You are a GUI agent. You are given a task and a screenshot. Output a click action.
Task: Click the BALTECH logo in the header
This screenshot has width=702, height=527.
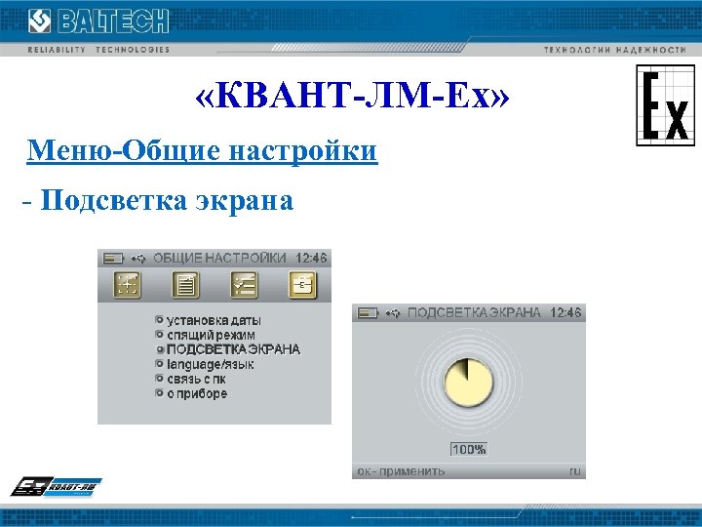click(97, 21)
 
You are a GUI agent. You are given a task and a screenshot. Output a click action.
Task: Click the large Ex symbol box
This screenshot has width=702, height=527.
click(665, 105)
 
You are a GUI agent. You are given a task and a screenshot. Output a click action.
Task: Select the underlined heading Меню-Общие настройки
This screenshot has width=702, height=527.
click(203, 151)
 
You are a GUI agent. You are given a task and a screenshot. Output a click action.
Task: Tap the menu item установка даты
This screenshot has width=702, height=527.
click(214, 319)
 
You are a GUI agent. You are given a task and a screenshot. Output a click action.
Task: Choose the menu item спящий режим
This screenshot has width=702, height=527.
click(211, 334)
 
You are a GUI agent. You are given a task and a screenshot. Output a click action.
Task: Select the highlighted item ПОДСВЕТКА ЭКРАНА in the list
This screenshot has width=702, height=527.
click(233, 348)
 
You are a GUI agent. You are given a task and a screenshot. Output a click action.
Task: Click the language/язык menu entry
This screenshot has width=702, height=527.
click(210, 364)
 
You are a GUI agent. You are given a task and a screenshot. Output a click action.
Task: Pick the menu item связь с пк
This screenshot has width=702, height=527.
click(203, 379)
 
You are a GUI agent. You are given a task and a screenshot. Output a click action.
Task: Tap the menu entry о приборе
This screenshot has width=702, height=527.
click(196, 393)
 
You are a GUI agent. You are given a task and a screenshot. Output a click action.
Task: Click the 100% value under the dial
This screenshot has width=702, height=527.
click(468, 449)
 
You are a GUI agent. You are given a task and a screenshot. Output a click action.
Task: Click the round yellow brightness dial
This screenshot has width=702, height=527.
click(467, 383)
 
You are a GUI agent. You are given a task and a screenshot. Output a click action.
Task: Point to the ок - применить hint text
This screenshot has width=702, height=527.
click(401, 470)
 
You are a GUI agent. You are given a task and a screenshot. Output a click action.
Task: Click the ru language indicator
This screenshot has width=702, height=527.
click(575, 470)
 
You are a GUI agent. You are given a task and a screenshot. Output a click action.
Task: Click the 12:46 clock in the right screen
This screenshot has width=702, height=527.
click(565, 312)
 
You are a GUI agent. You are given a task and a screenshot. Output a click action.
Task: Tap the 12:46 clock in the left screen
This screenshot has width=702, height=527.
click(312, 258)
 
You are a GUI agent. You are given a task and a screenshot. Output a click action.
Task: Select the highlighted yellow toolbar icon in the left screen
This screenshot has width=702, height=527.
click(302, 284)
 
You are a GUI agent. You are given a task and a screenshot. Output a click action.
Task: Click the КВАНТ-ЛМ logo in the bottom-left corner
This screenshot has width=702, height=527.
click(56, 486)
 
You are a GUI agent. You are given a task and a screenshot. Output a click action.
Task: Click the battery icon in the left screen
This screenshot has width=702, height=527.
click(114, 258)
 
